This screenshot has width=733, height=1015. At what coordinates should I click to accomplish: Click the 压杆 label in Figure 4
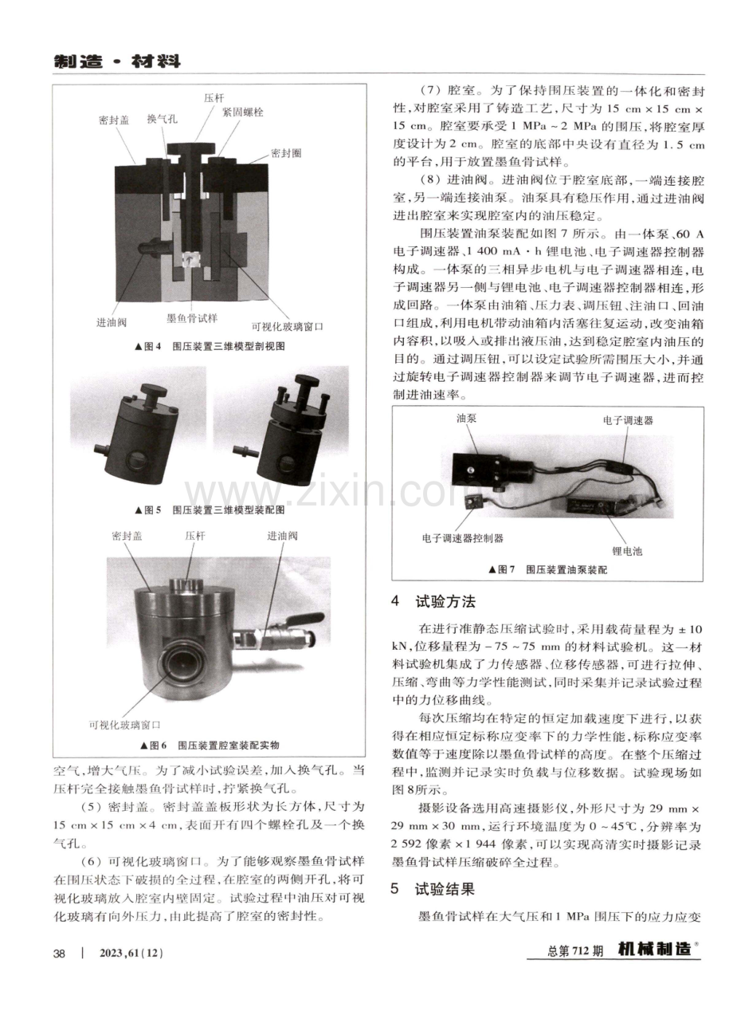tap(214, 98)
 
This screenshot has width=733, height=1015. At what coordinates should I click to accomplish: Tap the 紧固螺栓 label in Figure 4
tap(243, 112)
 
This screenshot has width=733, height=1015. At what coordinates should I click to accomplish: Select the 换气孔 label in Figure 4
tap(162, 119)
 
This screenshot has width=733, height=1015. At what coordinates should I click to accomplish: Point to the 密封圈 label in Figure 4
tap(286, 153)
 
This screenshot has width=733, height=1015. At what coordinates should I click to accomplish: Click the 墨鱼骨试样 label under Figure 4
tap(192, 318)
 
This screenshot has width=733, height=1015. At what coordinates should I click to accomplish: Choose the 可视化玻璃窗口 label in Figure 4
tap(288, 326)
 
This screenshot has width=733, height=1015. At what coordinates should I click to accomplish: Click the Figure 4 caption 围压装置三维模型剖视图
tap(229, 347)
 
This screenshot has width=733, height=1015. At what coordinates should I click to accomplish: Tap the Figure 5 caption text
tap(210, 509)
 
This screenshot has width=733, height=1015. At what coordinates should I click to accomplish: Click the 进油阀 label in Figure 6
tap(282, 536)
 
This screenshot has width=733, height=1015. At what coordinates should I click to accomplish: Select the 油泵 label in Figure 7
tap(466, 419)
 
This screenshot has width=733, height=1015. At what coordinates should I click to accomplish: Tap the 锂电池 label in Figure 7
tap(627, 551)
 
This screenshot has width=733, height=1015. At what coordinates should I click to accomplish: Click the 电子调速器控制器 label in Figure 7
tap(462, 538)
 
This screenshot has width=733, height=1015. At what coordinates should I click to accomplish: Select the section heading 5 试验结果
tap(433, 888)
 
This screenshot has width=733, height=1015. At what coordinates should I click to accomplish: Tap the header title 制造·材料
tap(117, 61)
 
